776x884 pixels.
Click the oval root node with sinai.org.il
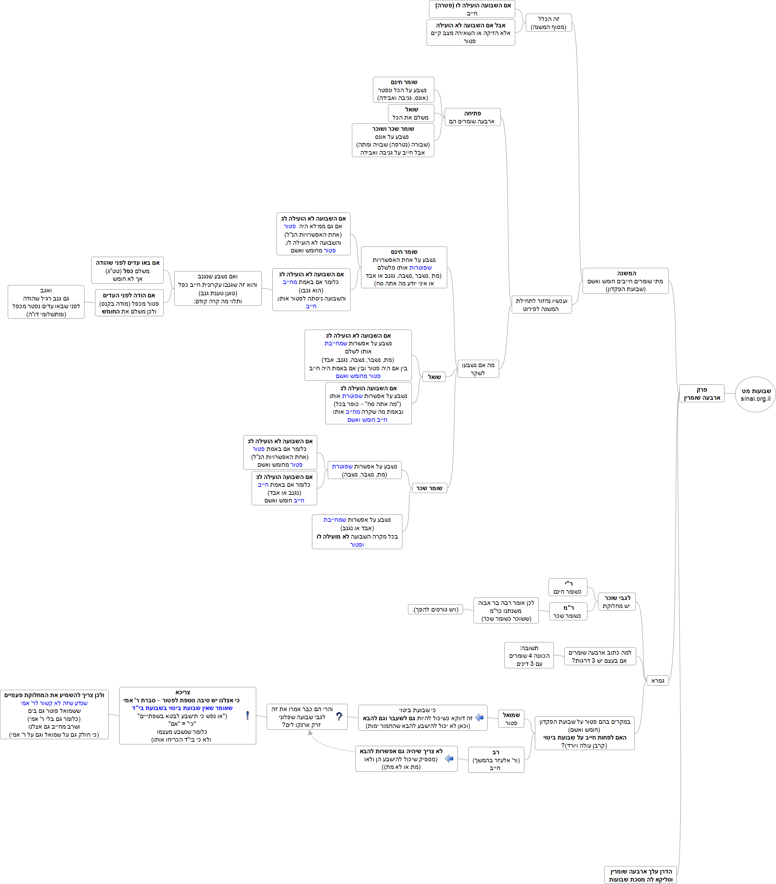point(755,394)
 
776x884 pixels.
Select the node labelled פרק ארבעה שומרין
point(702,393)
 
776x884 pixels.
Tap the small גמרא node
point(658,681)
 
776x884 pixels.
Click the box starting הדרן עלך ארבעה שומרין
point(640,875)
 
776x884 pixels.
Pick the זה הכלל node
point(549,23)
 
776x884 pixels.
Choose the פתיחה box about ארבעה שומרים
point(472,117)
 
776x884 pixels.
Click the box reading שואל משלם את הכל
point(411,113)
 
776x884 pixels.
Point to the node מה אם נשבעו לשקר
point(478,369)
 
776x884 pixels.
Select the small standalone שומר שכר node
point(429,488)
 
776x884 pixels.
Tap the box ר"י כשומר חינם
point(567,587)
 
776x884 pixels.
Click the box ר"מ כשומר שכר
point(568,612)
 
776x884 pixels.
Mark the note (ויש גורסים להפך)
point(435,609)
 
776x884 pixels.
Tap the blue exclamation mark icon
point(247,715)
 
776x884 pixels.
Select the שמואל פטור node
point(511,719)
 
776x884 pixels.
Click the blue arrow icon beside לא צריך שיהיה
point(449,758)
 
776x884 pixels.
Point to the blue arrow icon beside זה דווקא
point(479,717)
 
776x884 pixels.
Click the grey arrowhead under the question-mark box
point(311,733)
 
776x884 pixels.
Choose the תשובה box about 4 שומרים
point(529,655)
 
